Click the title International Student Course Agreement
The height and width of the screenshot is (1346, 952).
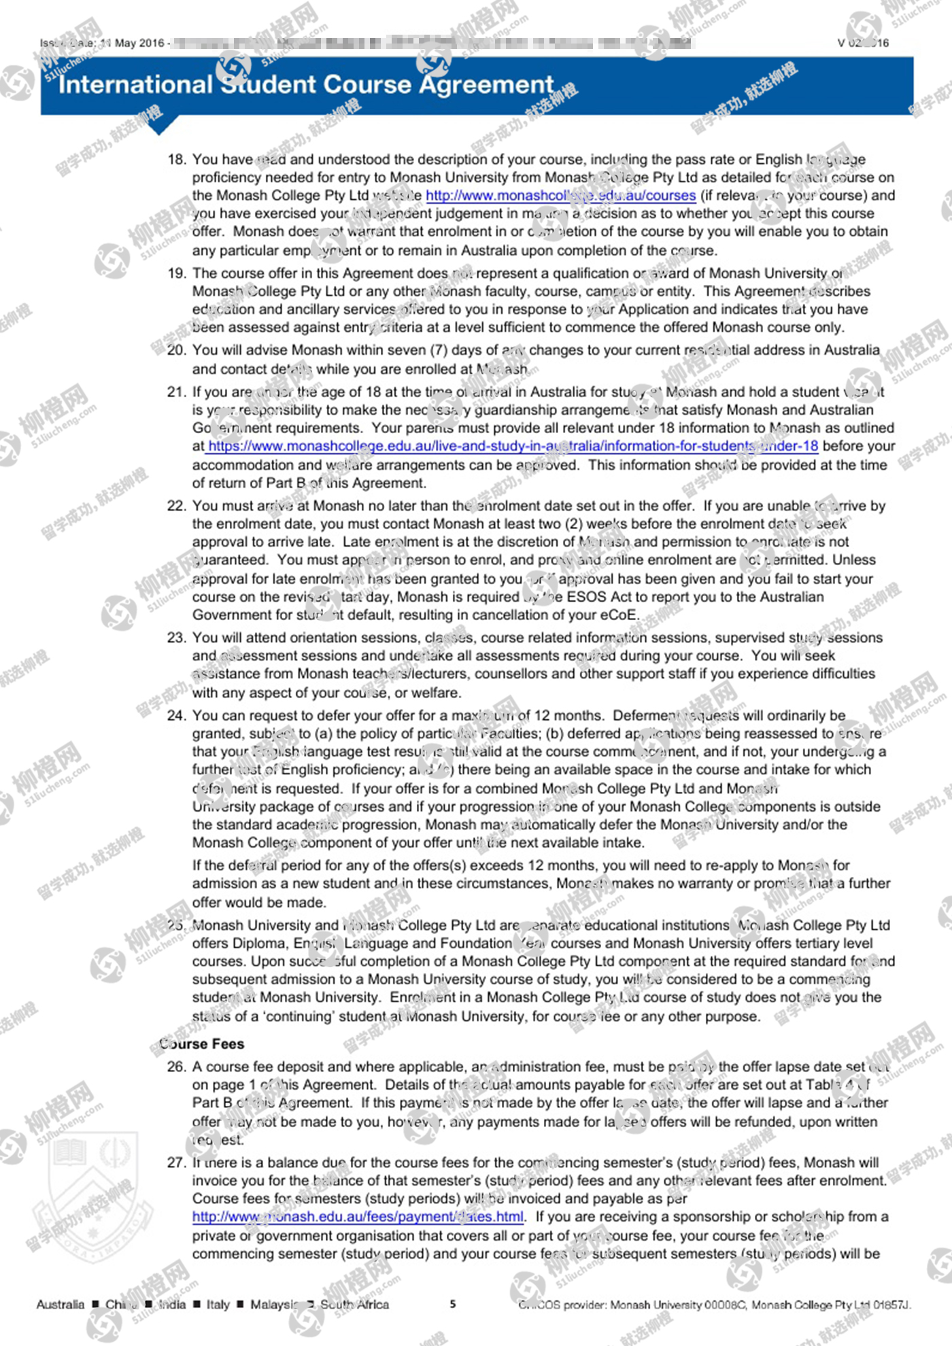point(306,85)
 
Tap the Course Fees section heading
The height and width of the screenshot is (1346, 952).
point(202,1043)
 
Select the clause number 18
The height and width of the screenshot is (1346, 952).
point(176,160)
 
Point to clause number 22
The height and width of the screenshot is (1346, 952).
point(176,506)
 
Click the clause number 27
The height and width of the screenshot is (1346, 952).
point(176,1162)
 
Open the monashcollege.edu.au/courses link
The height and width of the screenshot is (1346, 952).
point(560,196)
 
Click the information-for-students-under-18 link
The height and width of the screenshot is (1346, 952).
point(513,447)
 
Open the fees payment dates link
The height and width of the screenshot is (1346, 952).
point(358,1217)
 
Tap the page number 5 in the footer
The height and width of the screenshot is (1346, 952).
point(453,1304)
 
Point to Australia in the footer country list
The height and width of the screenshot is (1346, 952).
point(61,1304)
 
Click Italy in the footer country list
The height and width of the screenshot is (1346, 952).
point(218,1304)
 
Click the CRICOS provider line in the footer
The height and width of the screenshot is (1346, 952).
point(714,1305)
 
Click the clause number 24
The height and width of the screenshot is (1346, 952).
point(176,716)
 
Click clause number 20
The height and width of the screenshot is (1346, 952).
point(176,350)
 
